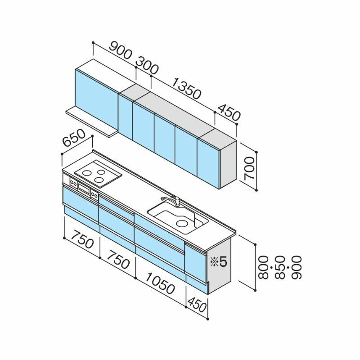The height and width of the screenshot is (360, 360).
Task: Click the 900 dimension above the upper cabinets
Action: (x=120, y=54)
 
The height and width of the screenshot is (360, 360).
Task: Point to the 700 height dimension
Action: (x=249, y=168)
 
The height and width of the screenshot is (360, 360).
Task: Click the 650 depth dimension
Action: (x=74, y=138)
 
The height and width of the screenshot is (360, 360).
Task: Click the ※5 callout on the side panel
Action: (x=219, y=261)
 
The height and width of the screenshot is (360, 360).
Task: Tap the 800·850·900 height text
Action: (x=280, y=268)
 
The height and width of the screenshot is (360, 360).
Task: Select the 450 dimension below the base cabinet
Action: (x=197, y=305)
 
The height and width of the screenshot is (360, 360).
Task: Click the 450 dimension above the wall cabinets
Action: (x=229, y=113)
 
